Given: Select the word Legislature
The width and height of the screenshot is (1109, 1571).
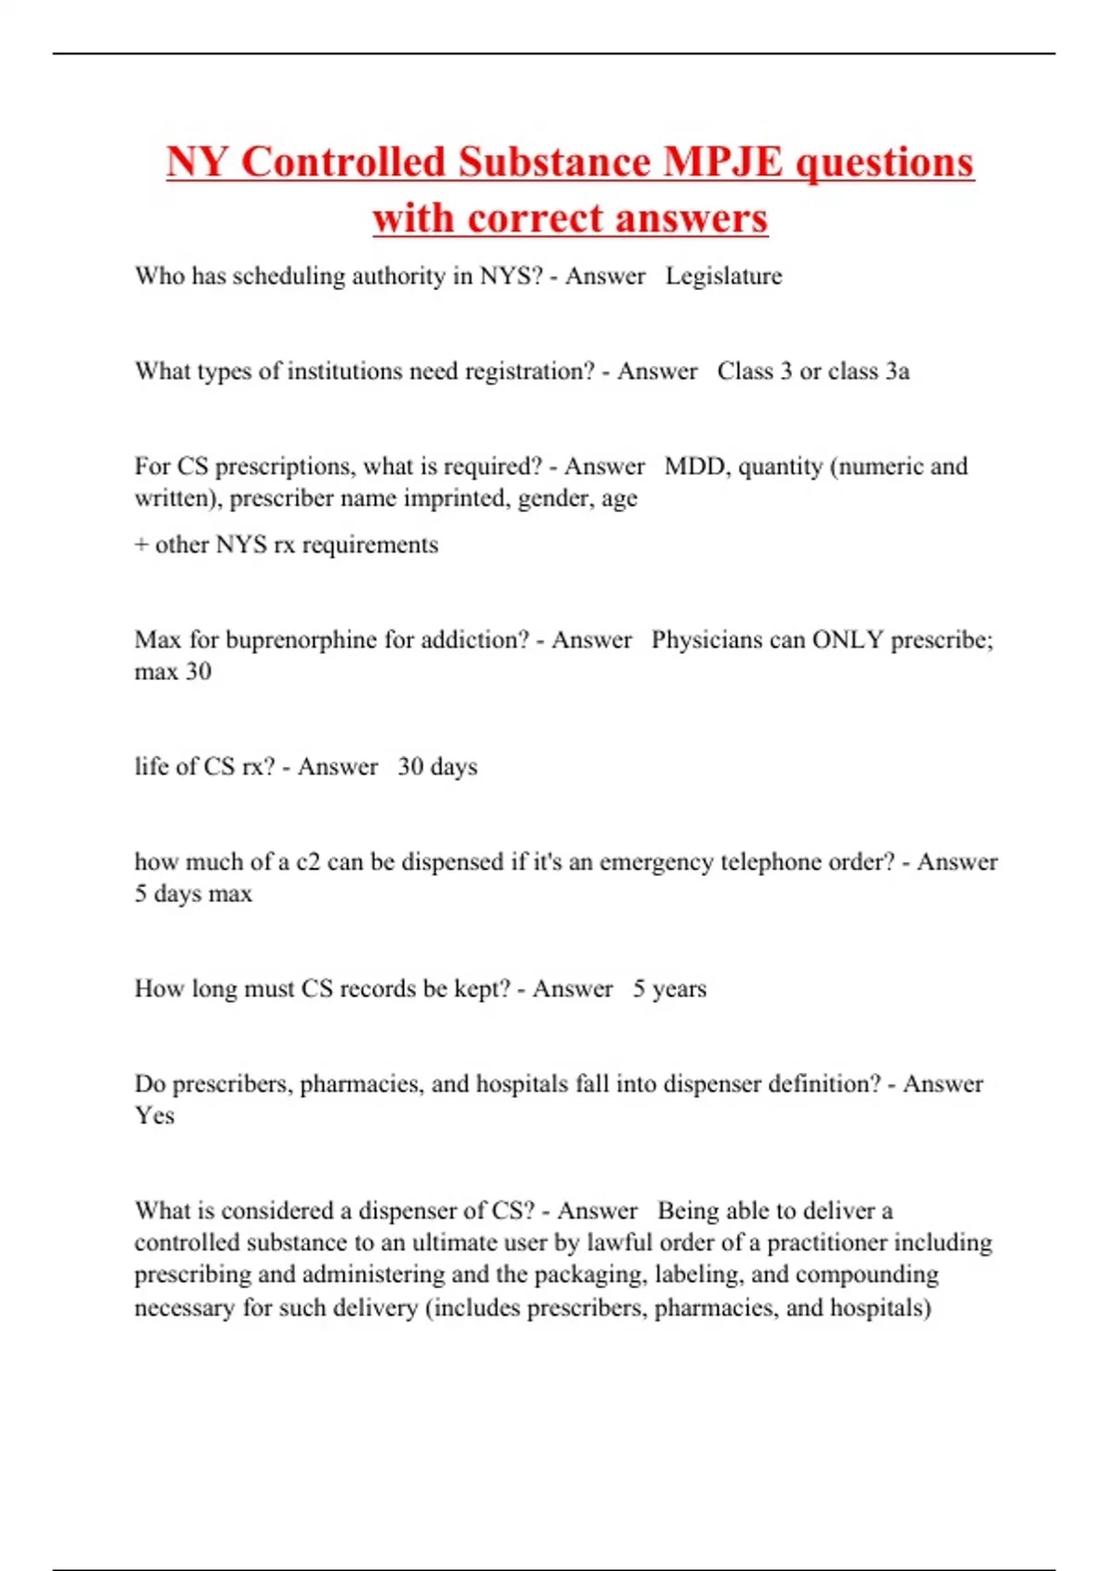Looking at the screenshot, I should [724, 276].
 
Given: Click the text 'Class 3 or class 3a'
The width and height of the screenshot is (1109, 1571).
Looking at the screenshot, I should [813, 371].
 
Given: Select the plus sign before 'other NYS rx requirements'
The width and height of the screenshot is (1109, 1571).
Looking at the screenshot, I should [141, 545].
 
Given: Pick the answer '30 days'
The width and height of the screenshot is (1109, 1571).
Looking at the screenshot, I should [437, 767].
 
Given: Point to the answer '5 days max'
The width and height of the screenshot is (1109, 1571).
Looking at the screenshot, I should [193, 894].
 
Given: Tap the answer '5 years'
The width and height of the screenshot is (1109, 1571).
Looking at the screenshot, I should [669, 989].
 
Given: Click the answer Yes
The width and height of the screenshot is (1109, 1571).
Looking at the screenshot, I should [154, 1115].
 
